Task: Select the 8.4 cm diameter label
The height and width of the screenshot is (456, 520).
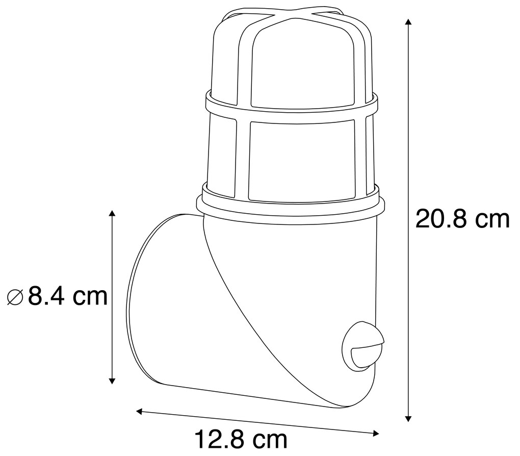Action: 58,296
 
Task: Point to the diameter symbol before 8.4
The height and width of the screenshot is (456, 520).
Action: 15,297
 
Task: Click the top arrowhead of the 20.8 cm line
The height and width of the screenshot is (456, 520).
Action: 407,23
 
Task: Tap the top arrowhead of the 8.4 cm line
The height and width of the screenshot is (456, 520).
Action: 113,213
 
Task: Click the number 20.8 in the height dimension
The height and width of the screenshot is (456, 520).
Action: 441,219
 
